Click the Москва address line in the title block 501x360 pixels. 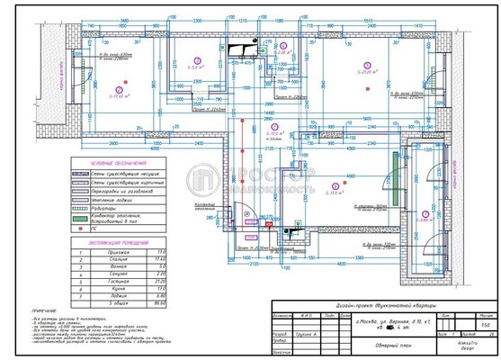(387, 321)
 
